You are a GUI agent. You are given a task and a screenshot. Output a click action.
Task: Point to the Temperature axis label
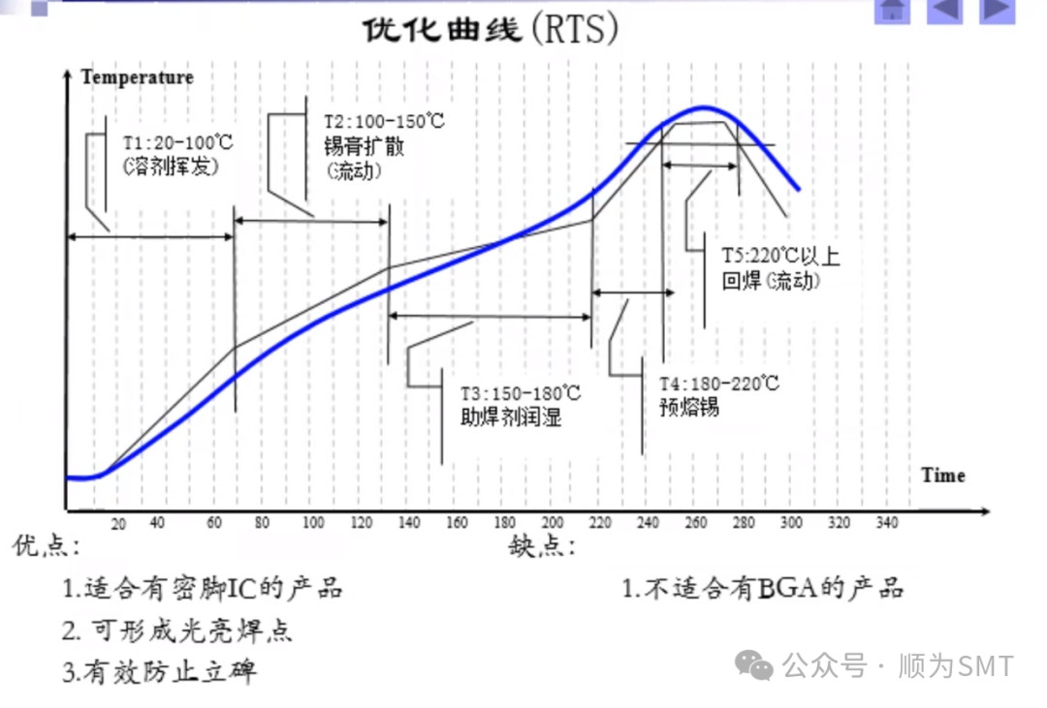(137, 77)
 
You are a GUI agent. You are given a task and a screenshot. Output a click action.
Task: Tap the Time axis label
(942, 476)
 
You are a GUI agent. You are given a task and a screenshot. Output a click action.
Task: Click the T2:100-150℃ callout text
(383, 123)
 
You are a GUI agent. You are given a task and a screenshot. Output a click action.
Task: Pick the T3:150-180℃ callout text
(520, 394)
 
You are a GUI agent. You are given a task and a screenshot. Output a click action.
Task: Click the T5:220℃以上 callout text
(780, 257)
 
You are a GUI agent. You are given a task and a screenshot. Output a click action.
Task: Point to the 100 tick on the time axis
(313, 523)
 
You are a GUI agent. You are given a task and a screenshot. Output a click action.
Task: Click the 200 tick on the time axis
(553, 523)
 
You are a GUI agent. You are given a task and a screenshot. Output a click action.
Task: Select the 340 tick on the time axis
(886, 523)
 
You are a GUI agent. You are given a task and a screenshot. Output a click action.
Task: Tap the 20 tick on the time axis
(118, 524)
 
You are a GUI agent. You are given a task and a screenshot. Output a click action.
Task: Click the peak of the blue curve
(704, 108)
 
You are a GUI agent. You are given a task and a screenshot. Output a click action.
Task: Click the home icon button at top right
(892, 10)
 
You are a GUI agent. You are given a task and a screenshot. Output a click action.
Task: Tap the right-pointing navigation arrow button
(996, 10)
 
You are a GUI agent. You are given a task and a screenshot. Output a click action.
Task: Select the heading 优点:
(47, 546)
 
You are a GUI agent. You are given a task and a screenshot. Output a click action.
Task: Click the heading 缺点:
(542, 547)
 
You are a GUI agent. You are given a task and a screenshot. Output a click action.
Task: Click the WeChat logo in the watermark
(753, 664)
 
